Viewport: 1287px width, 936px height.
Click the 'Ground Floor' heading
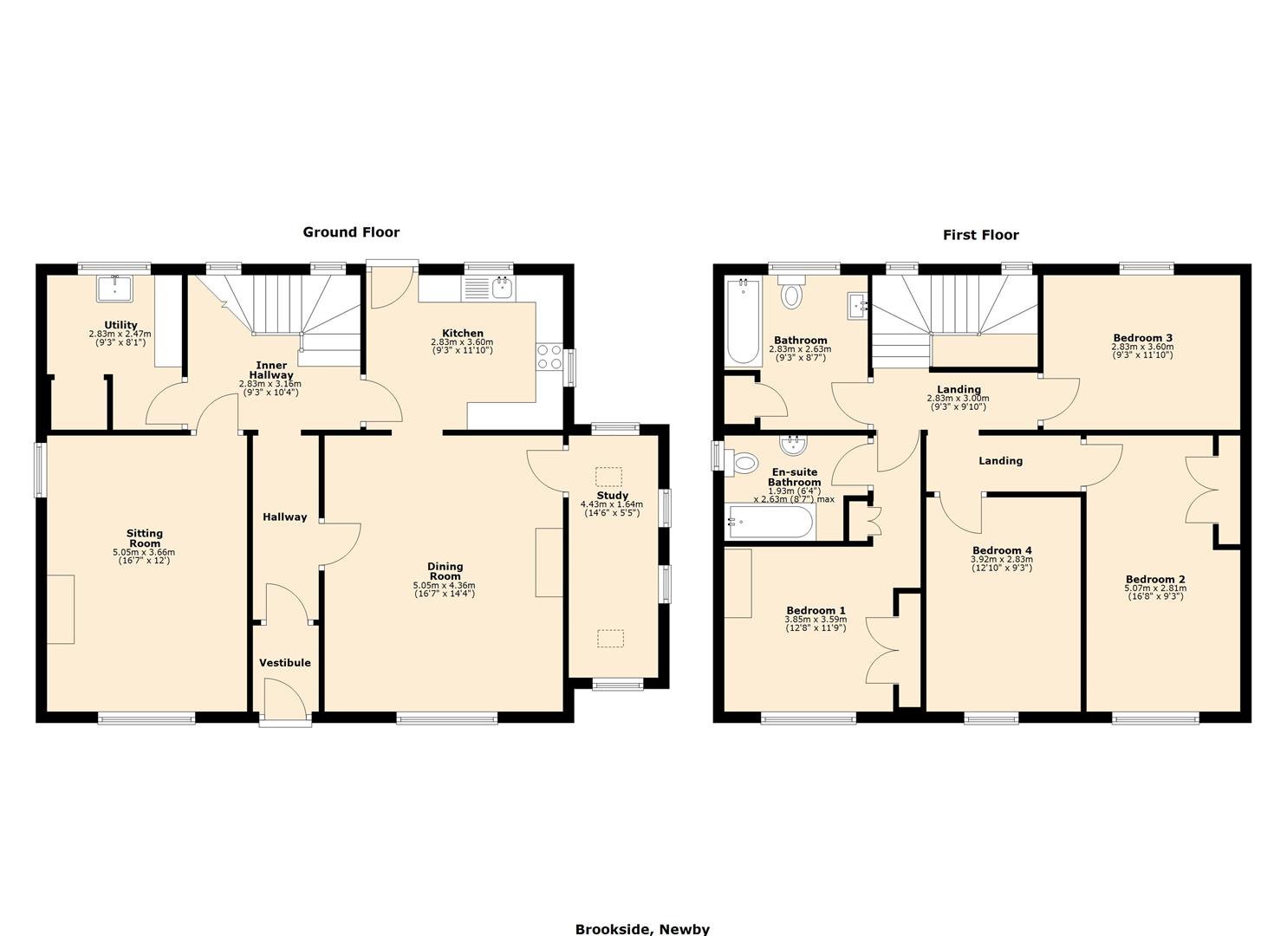(x=351, y=232)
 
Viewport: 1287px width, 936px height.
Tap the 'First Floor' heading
(x=981, y=235)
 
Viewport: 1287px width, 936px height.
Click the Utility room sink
(x=115, y=289)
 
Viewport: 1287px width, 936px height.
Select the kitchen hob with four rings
(x=549, y=356)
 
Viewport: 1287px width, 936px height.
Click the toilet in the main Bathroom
(x=792, y=292)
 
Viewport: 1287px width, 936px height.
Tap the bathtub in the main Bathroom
(x=744, y=322)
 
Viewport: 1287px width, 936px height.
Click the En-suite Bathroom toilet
(x=741, y=462)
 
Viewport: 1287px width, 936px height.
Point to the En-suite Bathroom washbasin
(x=793, y=444)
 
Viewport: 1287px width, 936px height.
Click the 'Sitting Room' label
(x=145, y=538)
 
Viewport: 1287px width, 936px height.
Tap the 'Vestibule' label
(x=285, y=662)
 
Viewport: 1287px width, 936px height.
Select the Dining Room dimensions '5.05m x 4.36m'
(x=444, y=586)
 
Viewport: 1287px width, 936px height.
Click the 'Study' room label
(x=613, y=495)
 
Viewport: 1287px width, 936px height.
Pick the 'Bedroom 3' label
(x=1143, y=338)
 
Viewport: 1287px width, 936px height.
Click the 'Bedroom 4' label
(x=1002, y=550)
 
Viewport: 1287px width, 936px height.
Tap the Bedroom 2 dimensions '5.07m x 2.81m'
(x=1155, y=588)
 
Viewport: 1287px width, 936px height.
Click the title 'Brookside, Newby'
(x=642, y=929)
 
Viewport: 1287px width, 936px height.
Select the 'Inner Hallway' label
(x=271, y=370)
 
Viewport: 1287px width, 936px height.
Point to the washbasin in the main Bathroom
(x=858, y=306)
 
